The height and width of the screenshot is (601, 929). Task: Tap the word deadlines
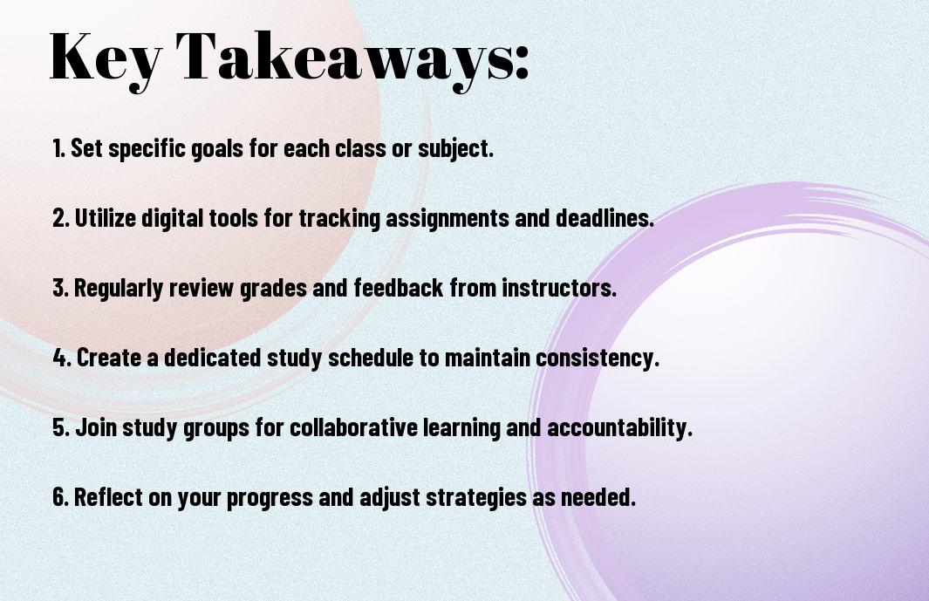click(x=605, y=218)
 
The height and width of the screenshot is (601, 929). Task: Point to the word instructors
click(x=559, y=288)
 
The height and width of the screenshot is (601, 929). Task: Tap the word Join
click(x=96, y=427)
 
